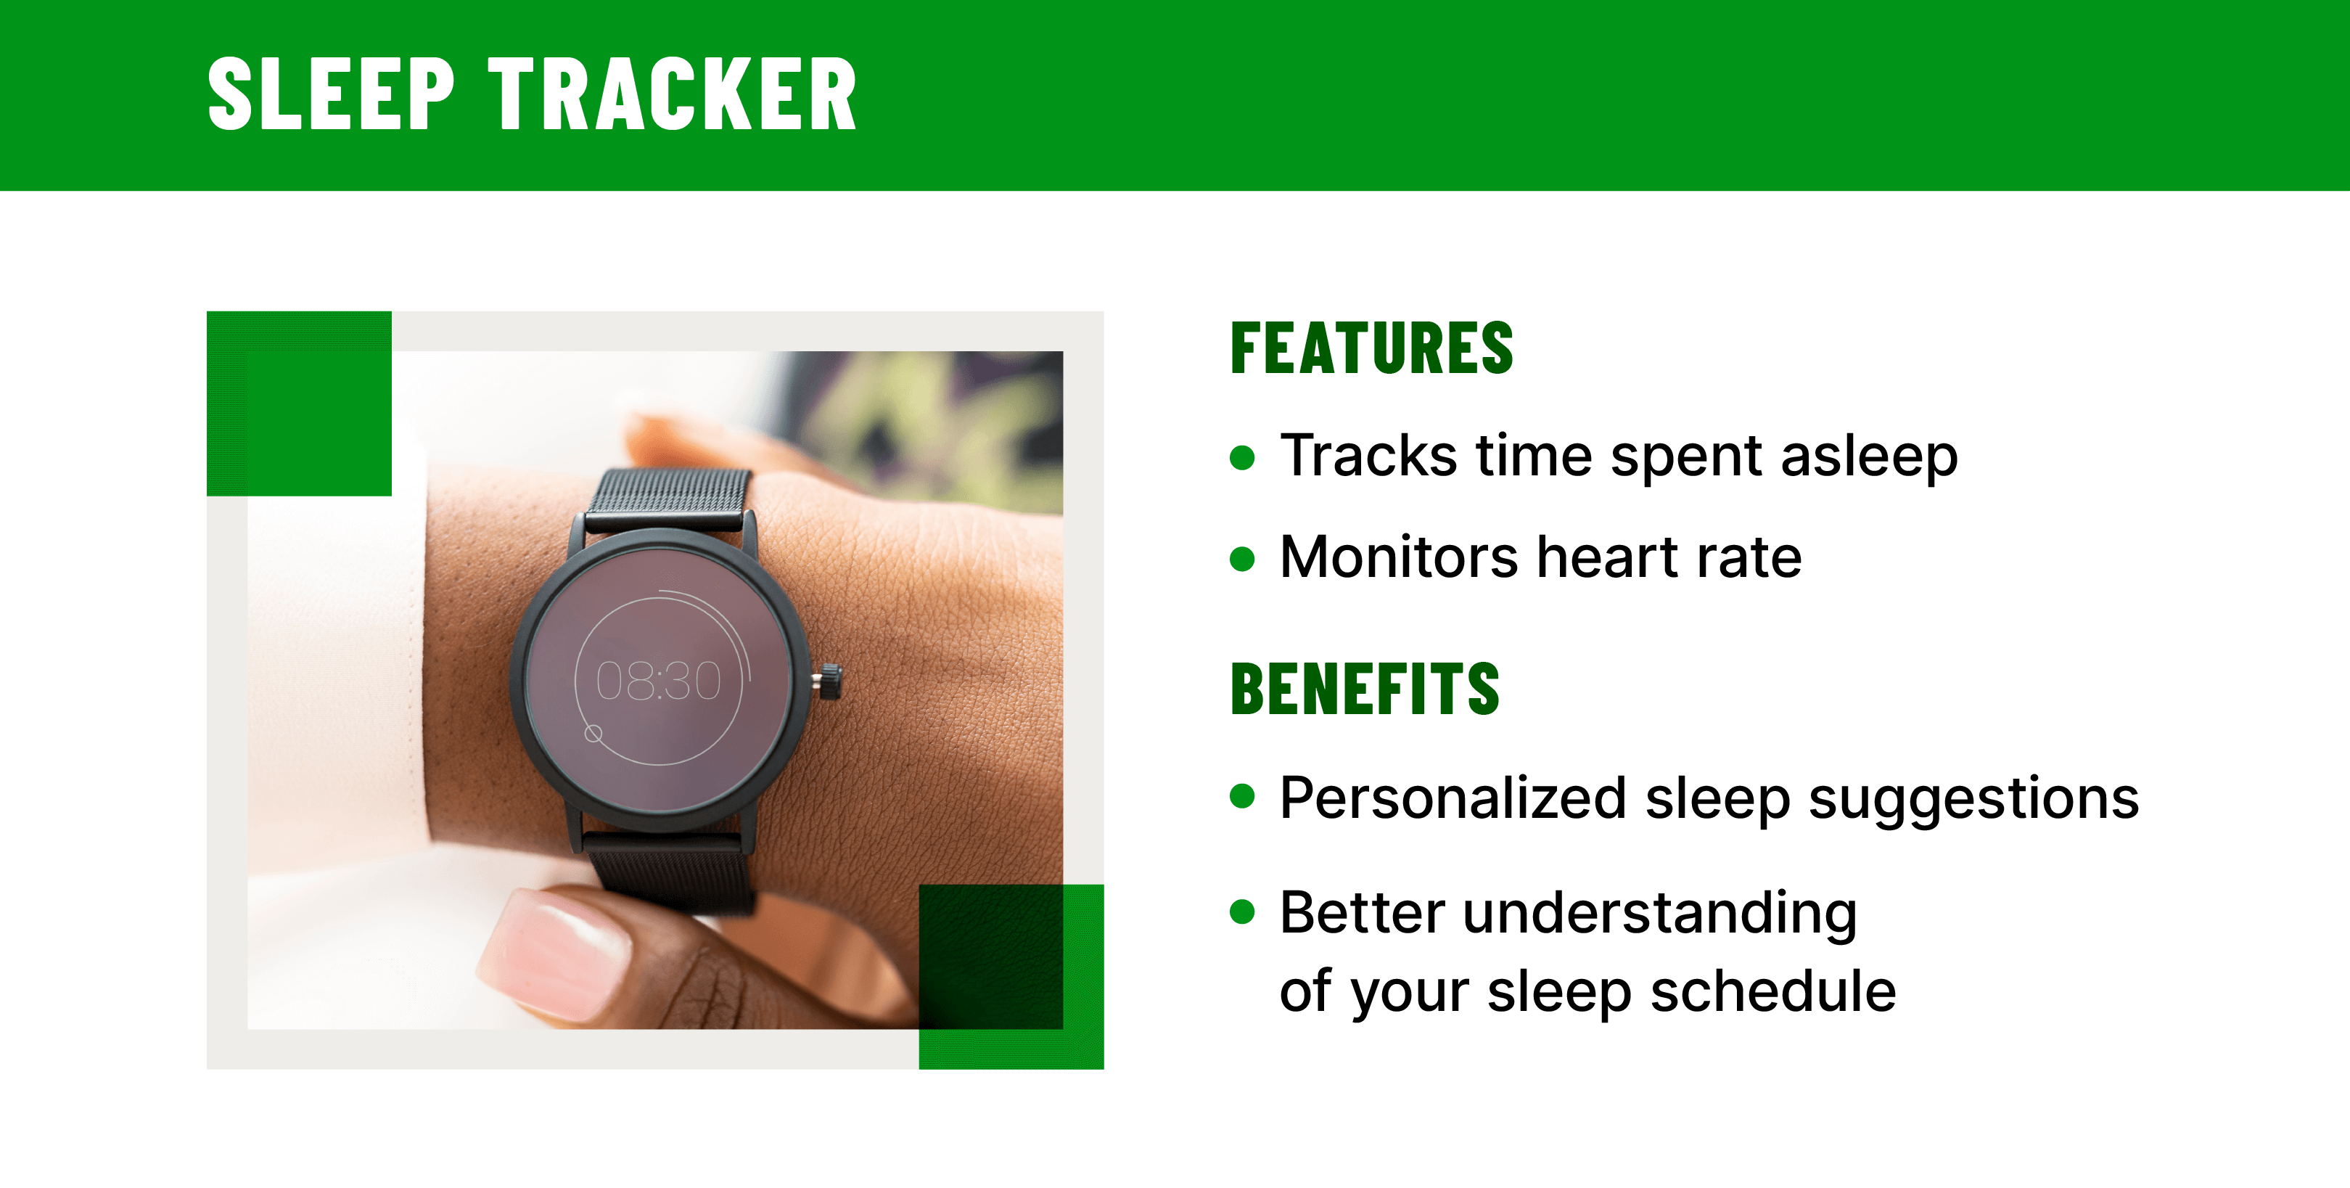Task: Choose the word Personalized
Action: [1453, 798]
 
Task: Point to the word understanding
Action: [1659, 914]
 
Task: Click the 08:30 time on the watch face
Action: [659, 681]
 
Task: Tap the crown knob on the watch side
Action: [829, 681]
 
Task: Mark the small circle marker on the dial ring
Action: [593, 734]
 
